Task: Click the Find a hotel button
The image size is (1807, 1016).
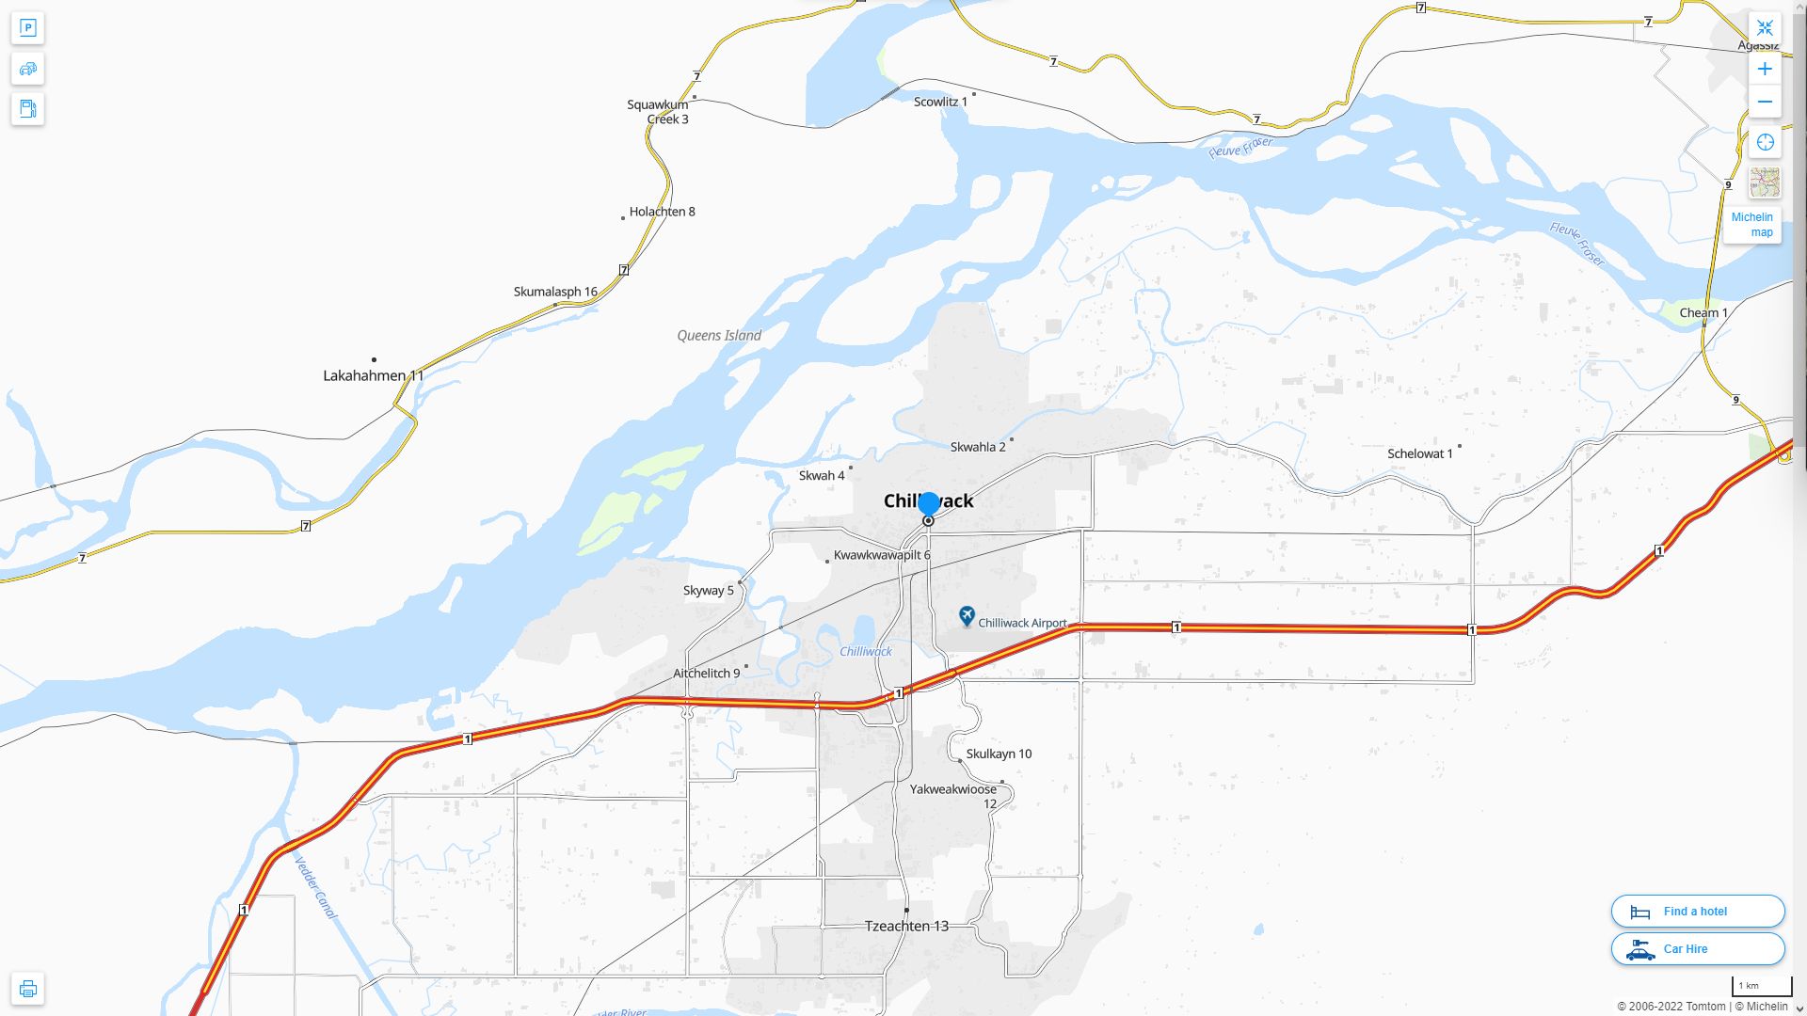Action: pos(1697,911)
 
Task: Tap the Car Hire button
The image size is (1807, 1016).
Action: pos(1697,948)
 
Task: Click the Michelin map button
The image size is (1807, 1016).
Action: pos(1752,224)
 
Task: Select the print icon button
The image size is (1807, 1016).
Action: pos(27,989)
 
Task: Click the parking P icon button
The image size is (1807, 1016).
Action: pos(27,28)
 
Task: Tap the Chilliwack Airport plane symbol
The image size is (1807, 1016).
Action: pos(967,616)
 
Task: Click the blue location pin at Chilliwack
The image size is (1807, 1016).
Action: pos(929,505)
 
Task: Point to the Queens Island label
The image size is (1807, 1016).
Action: pos(719,336)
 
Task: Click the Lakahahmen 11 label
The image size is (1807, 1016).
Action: pos(374,375)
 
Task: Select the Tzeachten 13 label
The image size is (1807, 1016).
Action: pos(906,926)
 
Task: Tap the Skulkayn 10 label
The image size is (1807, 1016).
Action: pos(999,754)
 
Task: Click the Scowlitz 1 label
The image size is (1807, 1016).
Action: pos(940,102)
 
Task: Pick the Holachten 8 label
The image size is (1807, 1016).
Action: pos(662,212)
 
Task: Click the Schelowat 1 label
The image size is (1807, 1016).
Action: pos(1419,453)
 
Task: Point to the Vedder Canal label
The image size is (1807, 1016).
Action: pos(315,887)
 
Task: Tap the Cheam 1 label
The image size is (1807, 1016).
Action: pos(1703,312)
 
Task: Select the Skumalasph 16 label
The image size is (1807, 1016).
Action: pos(555,292)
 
